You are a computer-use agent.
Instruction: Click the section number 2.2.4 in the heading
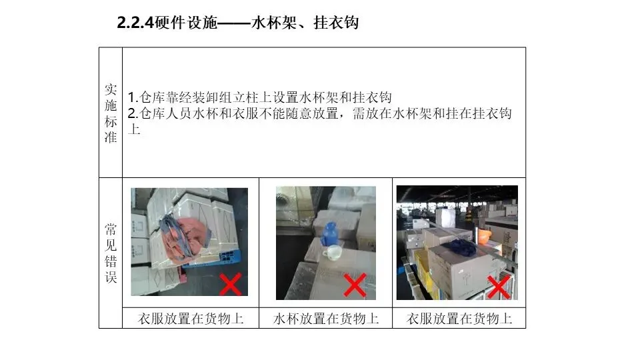pyautogui.click(x=135, y=23)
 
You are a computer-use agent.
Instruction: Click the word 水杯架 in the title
pyautogui.click(x=274, y=23)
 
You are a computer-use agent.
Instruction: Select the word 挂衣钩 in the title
pyautogui.click(x=336, y=23)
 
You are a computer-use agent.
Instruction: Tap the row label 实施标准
pyautogui.click(x=111, y=113)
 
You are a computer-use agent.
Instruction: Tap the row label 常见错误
pyautogui.click(x=111, y=253)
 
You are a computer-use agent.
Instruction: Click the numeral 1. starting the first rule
pyautogui.click(x=133, y=97)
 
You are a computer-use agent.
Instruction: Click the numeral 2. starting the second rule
pyautogui.click(x=133, y=113)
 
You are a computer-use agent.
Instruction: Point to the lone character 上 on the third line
pyautogui.click(x=134, y=129)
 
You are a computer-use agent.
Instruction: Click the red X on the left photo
pyautogui.click(x=231, y=284)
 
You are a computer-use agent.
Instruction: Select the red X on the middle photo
pyautogui.click(x=355, y=285)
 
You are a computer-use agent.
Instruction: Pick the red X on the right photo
pyautogui.click(x=499, y=287)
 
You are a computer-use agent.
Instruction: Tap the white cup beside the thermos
pyautogui.click(x=333, y=252)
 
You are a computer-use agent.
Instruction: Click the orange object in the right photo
pyautogui.click(x=485, y=236)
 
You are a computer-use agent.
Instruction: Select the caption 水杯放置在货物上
pyautogui.click(x=326, y=319)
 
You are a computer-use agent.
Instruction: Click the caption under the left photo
pyautogui.click(x=191, y=319)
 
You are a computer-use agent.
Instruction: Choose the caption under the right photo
pyautogui.click(x=459, y=319)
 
